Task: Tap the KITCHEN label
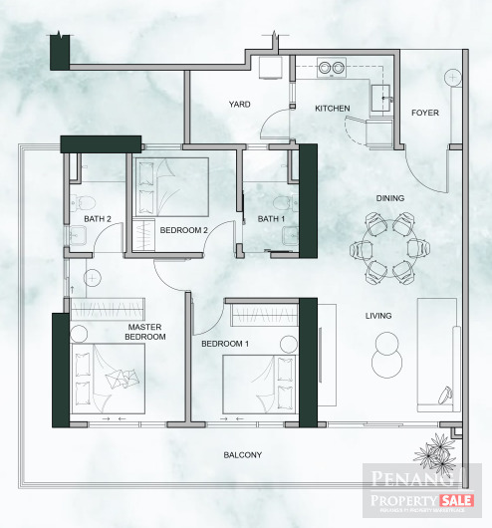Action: click(333, 108)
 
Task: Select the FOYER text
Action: click(425, 113)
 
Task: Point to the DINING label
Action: click(389, 198)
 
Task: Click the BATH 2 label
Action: click(97, 218)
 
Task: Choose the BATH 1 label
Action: click(271, 218)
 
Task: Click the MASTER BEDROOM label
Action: click(144, 332)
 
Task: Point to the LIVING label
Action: click(378, 316)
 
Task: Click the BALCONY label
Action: click(242, 455)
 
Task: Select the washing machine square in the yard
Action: click(270, 68)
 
